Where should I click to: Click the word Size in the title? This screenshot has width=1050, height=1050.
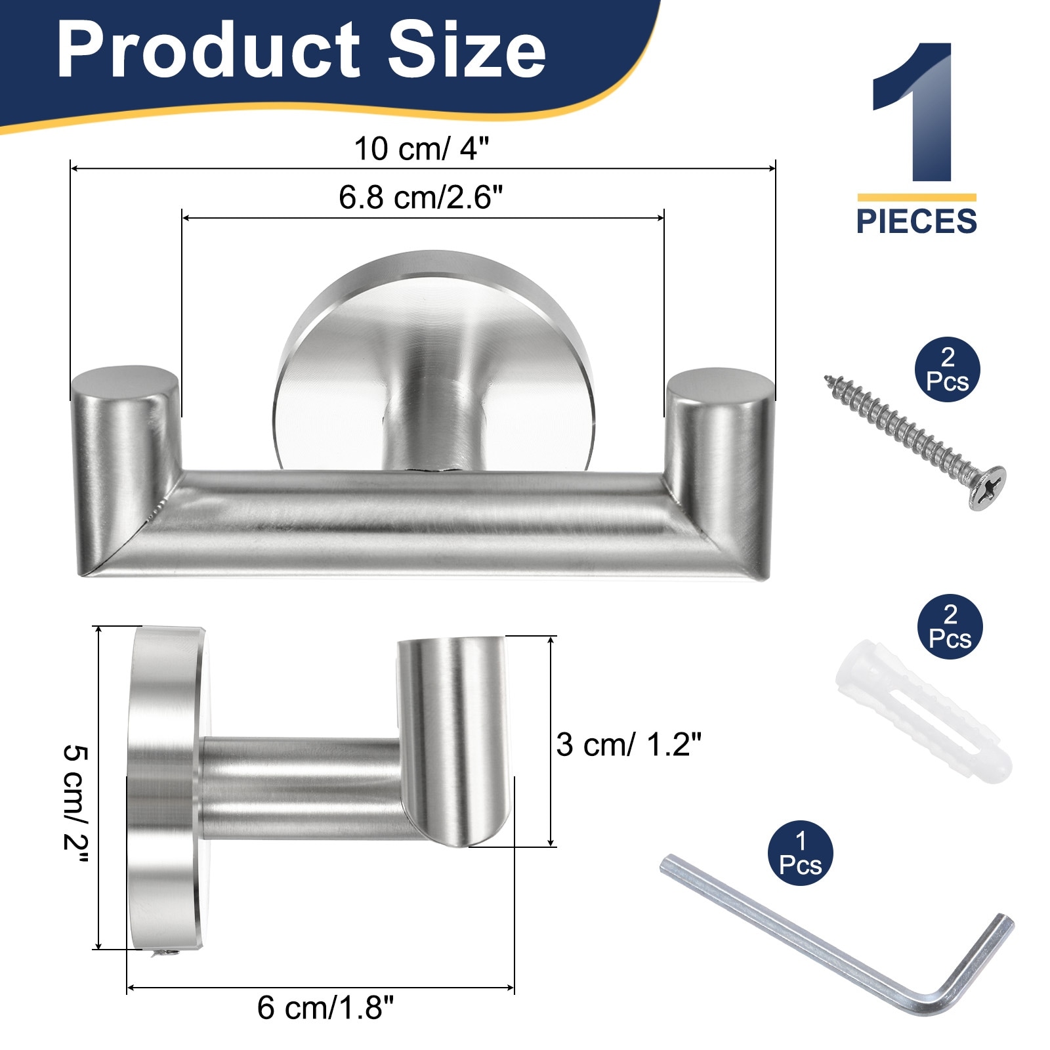467,49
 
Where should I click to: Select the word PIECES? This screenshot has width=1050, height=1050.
916,221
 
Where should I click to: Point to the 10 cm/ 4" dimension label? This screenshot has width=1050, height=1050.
421,148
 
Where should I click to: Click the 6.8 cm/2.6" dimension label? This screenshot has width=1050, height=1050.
421,197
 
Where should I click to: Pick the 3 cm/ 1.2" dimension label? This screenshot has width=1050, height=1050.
629,744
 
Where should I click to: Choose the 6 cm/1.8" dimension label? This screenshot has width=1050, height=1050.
325,1007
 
